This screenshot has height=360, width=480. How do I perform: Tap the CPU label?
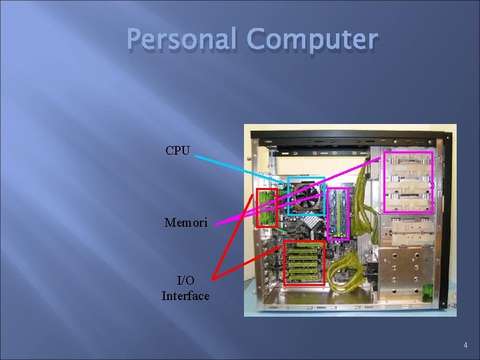click(177, 151)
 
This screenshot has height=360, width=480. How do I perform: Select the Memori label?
click(186, 222)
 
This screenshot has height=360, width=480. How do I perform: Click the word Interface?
click(185, 295)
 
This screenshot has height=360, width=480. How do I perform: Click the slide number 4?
click(464, 345)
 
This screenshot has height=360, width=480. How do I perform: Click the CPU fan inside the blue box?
click(305, 195)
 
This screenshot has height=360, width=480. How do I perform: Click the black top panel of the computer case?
click(347, 133)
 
